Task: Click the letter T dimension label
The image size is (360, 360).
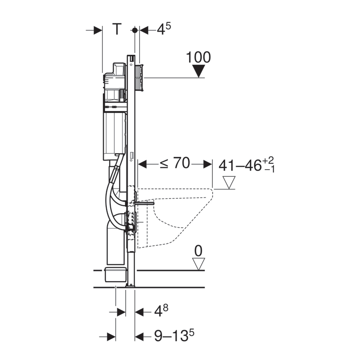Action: click(x=117, y=29)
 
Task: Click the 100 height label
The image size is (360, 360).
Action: click(x=198, y=57)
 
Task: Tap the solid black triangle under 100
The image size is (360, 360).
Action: click(x=198, y=71)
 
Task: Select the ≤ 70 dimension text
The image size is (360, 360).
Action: click(x=175, y=163)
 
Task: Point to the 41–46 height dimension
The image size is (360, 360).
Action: click(x=247, y=165)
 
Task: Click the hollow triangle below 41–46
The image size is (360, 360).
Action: click(x=229, y=183)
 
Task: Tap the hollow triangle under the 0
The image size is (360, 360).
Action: click(x=198, y=264)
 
